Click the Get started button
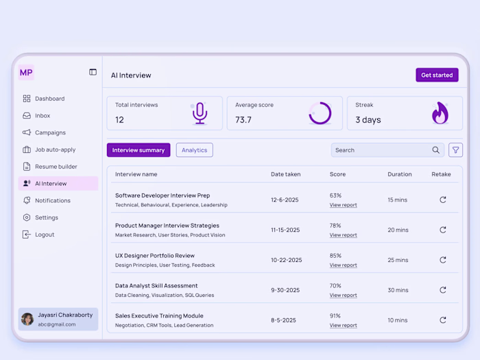coord(437,75)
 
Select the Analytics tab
coord(194,150)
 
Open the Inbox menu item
coord(43,116)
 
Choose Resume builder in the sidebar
coord(56,167)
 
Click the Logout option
coord(45,235)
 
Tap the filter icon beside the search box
coord(456,150)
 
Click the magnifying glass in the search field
coord(436,150)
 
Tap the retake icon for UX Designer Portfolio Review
coord(443,260)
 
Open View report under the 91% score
coord(343,326)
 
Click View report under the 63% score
coord(343,205)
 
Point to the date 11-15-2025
coord(286,230)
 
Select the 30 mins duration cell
coord(398,290)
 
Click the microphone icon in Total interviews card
coord(200,113)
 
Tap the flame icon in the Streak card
coord(440,113)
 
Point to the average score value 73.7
coord(243,120)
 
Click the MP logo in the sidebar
coord(26,72)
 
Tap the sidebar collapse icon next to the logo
coord(93,72)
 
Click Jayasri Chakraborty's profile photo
coord(27,319)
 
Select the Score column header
coord(337,174)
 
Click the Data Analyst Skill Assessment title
coord(156,286)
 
